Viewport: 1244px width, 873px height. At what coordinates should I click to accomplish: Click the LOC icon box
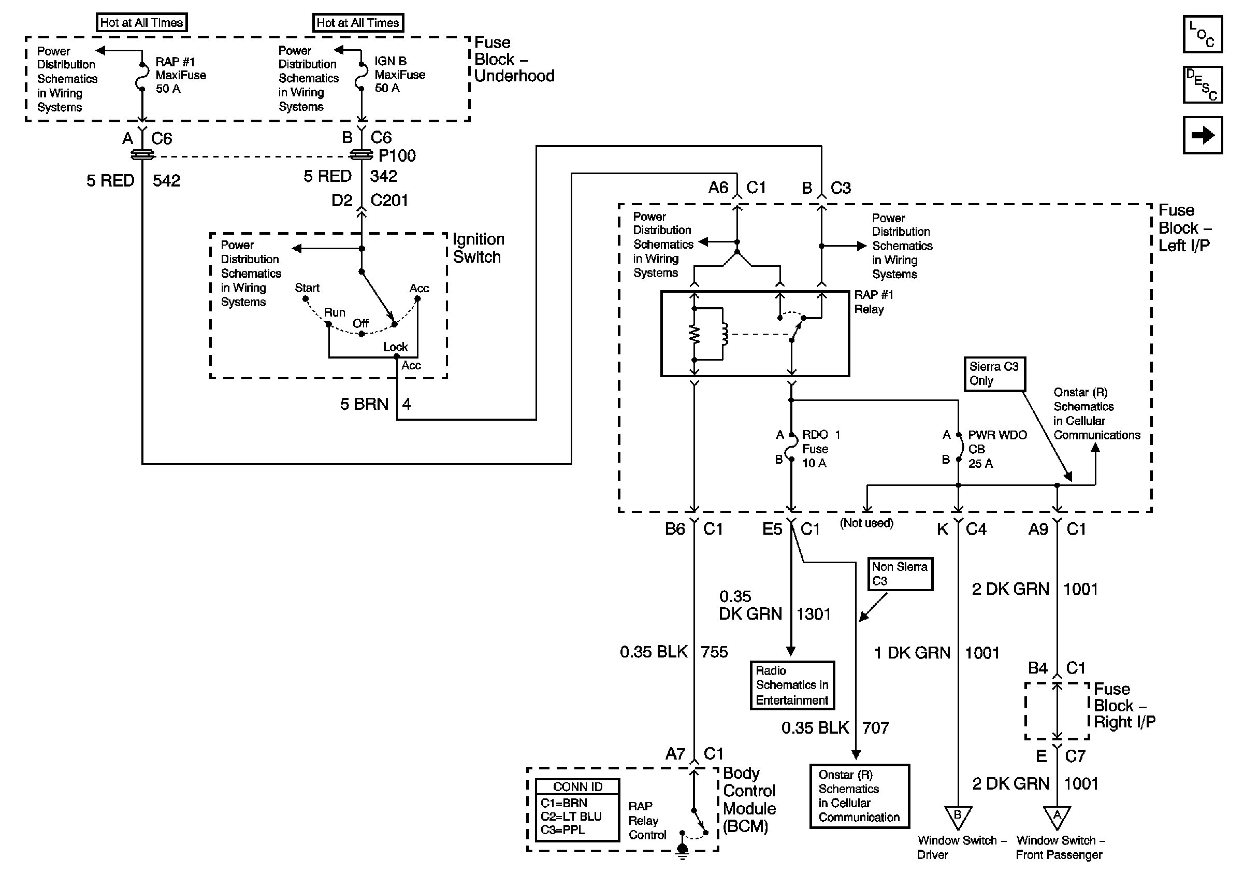click(x=1202, y=34)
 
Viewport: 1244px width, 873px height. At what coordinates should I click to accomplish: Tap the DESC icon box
click(x=1202, y=84)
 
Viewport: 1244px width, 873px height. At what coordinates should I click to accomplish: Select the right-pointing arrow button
click(x=1202, y=135)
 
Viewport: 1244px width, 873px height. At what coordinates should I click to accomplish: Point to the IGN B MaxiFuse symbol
click(x=361, y=76)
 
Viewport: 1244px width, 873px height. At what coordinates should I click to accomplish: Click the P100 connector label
click(x=397, y=156)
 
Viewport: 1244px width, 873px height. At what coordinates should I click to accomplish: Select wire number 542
click(x=166, y=180)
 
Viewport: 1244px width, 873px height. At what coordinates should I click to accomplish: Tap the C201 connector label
click(x=389, y=201)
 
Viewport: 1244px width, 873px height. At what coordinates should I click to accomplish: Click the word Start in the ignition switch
click(x=307, y=288)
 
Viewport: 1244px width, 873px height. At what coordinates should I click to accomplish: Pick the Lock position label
click(x=396, y=347)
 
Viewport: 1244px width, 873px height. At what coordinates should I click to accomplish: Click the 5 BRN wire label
click(x=364, y=404)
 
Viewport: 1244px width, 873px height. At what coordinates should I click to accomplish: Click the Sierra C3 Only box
click(x=994, y=374)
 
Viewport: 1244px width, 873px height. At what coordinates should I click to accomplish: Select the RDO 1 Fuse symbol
click(x=791, y=448)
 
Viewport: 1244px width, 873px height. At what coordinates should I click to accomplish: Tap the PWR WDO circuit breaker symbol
click(x=959, y=448)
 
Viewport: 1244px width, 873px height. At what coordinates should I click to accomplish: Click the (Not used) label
click(x=866, y=523)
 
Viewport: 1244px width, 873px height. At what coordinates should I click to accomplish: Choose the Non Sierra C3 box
click(x=900, y=574)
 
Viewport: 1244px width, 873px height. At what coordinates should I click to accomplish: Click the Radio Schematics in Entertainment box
click(x=791, y=685)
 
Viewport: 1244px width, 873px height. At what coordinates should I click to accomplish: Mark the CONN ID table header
click(x=577, y=787)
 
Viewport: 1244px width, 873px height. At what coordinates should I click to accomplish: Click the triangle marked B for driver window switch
click(x=958, y=817)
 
